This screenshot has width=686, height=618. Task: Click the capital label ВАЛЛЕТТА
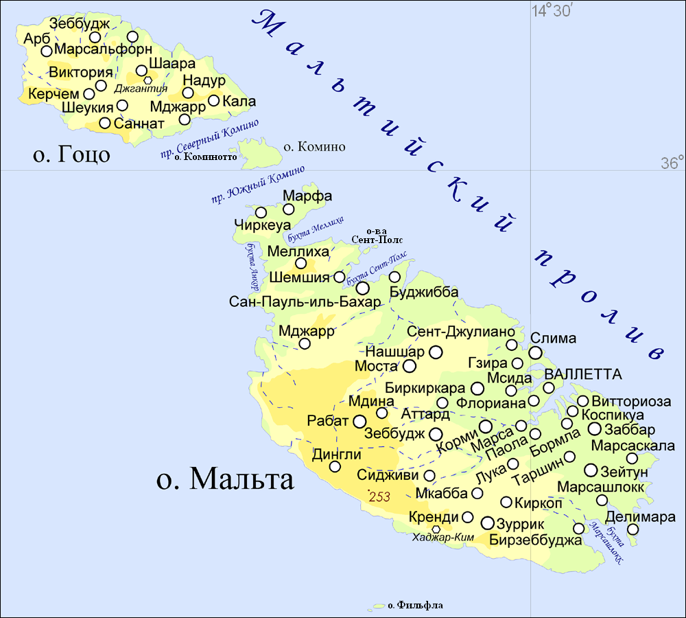coord(583,374)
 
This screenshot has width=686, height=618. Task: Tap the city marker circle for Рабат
coord(359,421)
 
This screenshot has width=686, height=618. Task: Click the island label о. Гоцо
coord(71,154)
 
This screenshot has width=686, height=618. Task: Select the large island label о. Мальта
coord(225,479)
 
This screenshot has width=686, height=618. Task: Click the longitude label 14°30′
coord(553,11)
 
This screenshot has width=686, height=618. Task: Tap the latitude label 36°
coord(672,163)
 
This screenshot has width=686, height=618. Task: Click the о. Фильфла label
coord(415,606)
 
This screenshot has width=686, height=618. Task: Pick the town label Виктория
coord(80,73)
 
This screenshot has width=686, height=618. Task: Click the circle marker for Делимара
coord(632,529)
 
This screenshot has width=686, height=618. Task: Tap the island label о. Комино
coord(314,147)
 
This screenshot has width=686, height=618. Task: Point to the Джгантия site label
coord(141,89)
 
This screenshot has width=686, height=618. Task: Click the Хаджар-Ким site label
coord(444,538)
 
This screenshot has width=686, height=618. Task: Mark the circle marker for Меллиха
coord(300,263)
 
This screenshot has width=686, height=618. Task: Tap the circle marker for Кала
coord(213,101)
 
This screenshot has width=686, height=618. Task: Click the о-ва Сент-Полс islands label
coord(377,236)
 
